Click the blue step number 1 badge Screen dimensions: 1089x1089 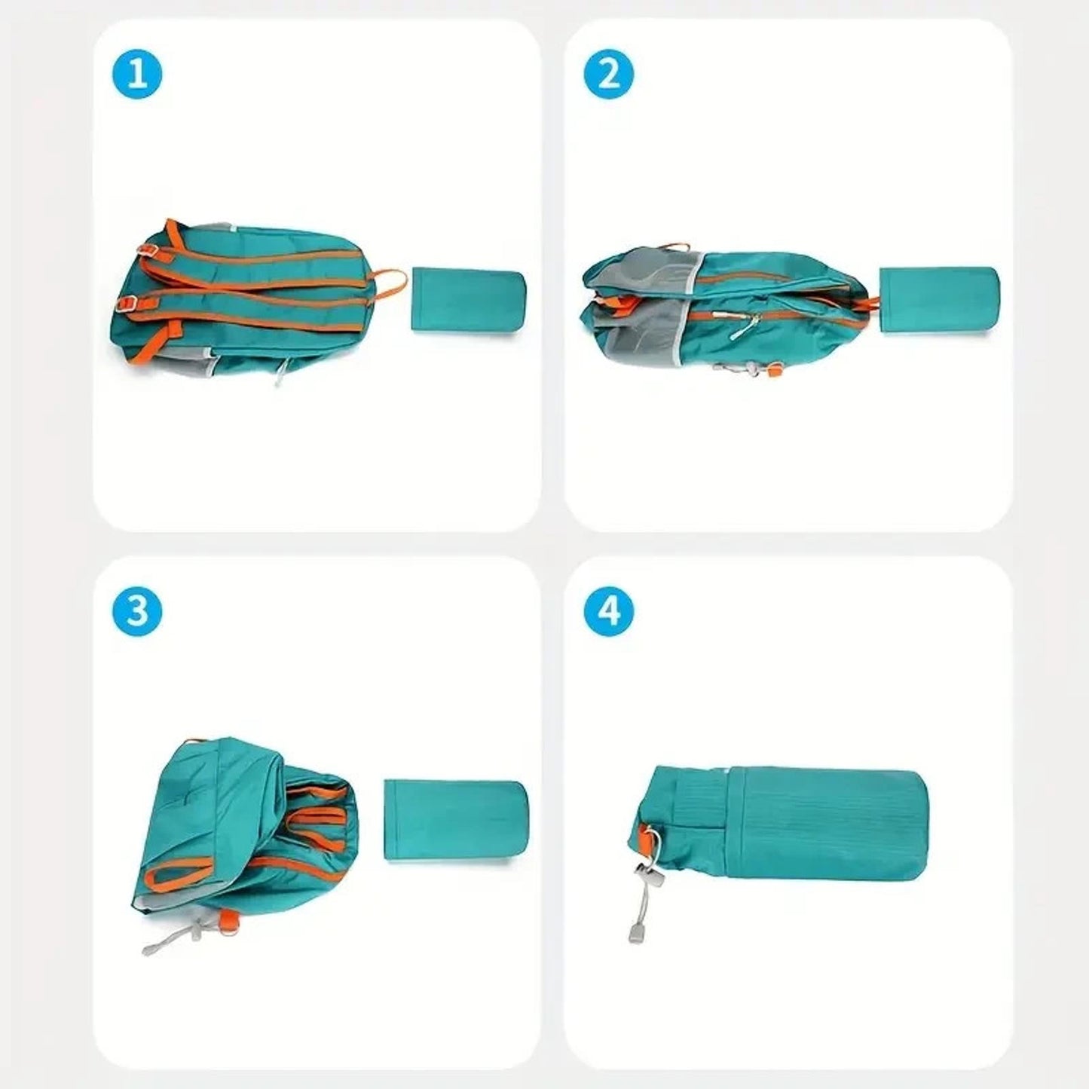[137, 75]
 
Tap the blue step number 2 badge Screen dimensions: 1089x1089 [608, 75]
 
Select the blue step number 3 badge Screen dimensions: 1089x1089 [137, 610]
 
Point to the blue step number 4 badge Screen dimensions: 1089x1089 [608, 610]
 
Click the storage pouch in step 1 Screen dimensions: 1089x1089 [468, 301]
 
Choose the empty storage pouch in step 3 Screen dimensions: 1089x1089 [455, 820]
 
